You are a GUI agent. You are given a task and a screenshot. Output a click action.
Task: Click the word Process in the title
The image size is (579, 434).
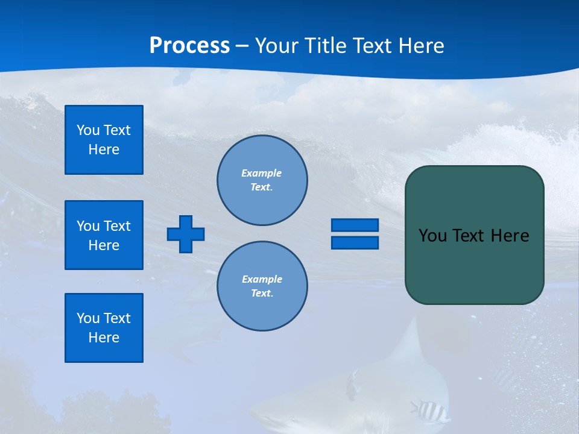(189, 46)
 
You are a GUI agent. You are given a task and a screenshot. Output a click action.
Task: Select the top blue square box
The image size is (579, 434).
(104, 140)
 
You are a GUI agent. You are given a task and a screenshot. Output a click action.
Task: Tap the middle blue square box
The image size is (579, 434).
(104, 235)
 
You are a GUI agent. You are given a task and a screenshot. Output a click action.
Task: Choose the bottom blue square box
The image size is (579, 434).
(104, 328)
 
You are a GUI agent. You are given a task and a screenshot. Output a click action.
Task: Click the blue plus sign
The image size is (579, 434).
(186, 234)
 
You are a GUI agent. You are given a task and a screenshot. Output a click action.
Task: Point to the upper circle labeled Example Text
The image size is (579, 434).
(262, 180)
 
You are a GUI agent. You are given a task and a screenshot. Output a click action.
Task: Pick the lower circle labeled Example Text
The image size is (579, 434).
(262, 286)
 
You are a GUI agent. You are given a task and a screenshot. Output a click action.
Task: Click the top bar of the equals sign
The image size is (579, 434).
(355, 225)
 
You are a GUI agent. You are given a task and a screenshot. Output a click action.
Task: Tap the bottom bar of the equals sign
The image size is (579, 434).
(355, 243)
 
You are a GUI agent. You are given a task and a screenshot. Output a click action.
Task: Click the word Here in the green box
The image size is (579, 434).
(510, 236)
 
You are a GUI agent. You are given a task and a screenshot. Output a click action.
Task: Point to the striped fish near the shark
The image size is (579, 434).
(429, 411)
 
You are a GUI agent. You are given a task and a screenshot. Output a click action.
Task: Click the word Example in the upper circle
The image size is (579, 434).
(262, 173)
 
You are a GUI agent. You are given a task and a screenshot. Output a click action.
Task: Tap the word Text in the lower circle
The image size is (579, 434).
(262, 294)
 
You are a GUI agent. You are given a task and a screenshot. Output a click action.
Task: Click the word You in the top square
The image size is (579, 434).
(88, 130)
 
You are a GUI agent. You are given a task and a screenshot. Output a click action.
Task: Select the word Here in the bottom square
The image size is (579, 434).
(104, 338)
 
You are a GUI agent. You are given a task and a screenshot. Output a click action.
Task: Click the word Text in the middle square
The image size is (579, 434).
(117, 226)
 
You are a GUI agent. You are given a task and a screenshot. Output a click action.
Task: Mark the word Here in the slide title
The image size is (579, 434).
(421, 46)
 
